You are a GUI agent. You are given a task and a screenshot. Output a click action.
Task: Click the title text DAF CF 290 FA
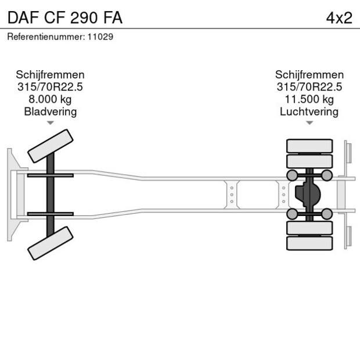64,17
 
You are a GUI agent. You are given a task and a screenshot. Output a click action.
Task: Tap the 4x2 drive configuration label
339,17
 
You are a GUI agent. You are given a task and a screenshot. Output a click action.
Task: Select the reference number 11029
100,36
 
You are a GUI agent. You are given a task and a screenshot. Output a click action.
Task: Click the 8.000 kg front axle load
50,99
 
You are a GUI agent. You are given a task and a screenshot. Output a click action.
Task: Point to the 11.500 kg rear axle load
309,99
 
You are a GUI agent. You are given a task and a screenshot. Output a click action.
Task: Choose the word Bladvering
50,111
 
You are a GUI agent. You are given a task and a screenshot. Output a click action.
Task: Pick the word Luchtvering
309,111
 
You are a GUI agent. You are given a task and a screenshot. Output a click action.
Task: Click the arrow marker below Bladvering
51,123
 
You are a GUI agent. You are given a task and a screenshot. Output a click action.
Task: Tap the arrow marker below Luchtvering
309,123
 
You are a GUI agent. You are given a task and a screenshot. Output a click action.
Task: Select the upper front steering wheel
51,146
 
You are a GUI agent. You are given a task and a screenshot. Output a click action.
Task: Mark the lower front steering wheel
51,243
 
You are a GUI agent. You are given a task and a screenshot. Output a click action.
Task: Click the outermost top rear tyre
310,145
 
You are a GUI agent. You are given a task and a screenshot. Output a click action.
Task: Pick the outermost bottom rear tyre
310,243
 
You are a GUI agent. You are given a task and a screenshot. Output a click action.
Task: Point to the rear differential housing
308,194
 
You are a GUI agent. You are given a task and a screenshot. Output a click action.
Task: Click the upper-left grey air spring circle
293,175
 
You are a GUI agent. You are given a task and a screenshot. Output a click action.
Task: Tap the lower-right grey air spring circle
327,214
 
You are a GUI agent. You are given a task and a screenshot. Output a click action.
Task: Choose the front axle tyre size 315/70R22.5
50,87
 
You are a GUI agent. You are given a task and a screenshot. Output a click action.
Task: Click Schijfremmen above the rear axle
309,75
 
